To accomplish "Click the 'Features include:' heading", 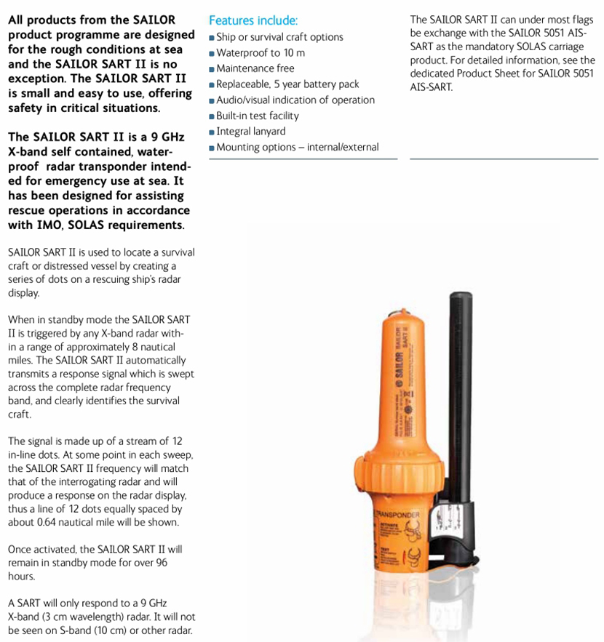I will (x=253, y=20).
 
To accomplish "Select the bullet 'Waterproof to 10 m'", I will (x=261, y=52).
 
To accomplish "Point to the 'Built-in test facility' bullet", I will (x=257, y=116).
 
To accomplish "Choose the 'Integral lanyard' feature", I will (x=251, y=132).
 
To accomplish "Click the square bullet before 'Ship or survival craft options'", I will (x=212, y=38).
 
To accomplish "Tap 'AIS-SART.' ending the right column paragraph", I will (x=431, y=87).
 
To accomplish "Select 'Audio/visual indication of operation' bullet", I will (x=295, y=100).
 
